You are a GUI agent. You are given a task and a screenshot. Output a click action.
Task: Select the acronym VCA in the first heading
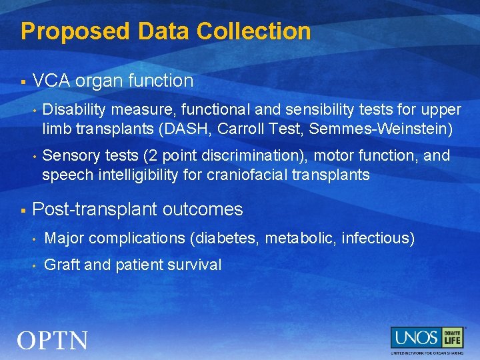(51, 81)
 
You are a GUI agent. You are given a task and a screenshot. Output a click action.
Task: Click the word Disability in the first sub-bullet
(74, 109)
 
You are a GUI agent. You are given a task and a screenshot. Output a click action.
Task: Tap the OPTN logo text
(53, 341)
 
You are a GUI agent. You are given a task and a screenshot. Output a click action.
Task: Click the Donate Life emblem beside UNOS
(453, 337)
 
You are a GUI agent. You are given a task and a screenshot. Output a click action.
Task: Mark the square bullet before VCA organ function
(23, 82)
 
